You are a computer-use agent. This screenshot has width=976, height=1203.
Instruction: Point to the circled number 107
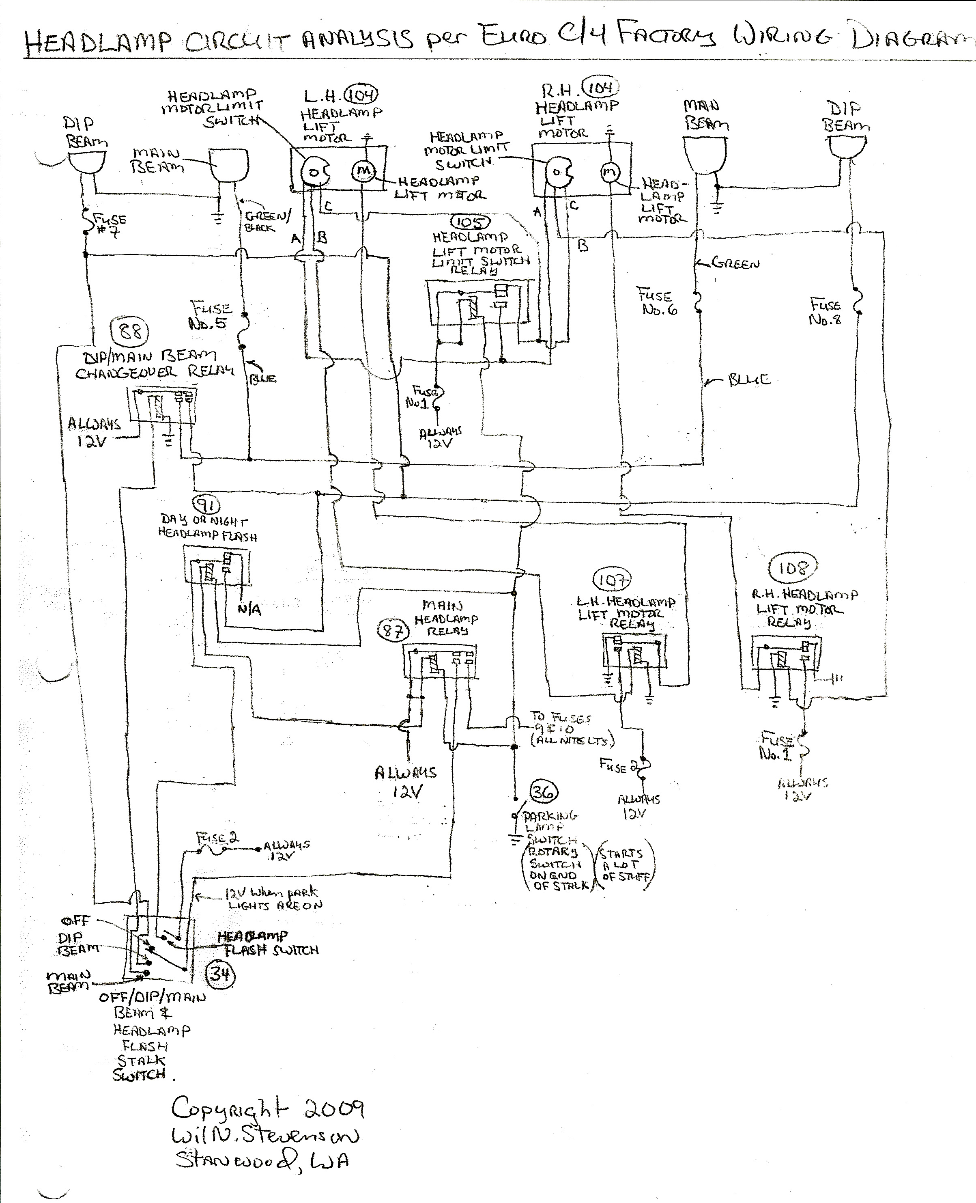click(x=612, y=579)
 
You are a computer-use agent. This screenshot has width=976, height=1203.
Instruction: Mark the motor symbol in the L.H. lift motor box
click(x=363, y=171)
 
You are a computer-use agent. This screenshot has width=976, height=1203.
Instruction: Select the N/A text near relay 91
click(x=249, y=609)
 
